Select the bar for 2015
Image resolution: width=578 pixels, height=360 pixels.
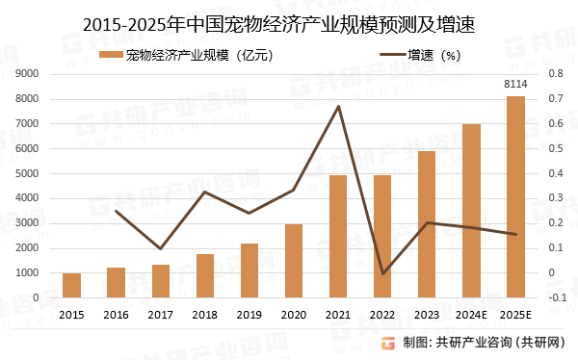(x=71, y=285)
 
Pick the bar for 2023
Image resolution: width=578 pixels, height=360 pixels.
(x=427, y=224)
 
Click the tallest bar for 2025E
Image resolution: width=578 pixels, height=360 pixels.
(x=515, y=196)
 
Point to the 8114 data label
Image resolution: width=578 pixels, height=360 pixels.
(x=515, y=86)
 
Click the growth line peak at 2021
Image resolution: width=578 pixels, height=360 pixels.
(x=338, y=106)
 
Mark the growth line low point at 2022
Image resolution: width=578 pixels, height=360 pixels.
(x=382, y=273)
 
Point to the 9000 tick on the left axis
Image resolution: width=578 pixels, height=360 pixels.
(x=27, y=73)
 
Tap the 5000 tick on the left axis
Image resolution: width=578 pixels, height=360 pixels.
(x=27, y=173)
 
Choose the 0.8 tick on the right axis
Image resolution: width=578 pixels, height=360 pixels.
(x=553, y=73)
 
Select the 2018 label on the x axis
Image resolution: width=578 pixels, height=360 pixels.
(x=205, y=314)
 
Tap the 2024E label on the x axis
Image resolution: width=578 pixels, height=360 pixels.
(x=471, y=314)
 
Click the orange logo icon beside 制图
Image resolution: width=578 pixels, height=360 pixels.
(x=387, y=343)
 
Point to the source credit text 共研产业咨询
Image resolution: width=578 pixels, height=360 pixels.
(x=475, y=343)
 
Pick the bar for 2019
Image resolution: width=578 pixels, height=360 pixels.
(x=250, y=270)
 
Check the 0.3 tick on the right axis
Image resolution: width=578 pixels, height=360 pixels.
(x=553, y=198)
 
